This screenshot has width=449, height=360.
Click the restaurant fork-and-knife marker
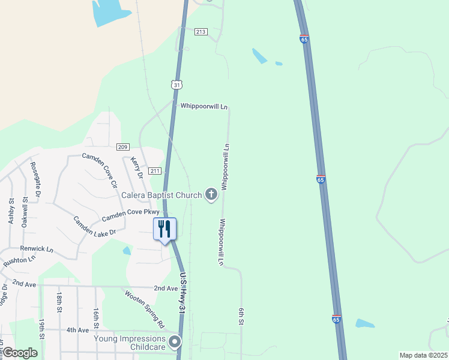click(164, 229)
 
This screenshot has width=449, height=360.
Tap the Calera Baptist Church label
click(161, 195)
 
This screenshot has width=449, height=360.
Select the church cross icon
click(211, 194)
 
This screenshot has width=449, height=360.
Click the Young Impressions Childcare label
click(130, 343)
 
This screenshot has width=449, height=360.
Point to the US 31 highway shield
click(176, 85)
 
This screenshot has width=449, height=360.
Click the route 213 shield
click(200, 32)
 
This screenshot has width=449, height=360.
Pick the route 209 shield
click(123, 147)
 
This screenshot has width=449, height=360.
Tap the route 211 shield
click(155, 171)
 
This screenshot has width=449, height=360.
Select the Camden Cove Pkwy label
click(131, 214)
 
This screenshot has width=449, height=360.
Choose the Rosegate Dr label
click(35, 180)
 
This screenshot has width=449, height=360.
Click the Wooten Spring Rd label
click(145, 308)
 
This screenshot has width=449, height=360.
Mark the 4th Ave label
click(77, 330)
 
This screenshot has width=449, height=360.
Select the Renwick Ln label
click(37, 249)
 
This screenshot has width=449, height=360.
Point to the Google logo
click(20, 353)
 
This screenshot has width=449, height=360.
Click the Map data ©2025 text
click(423, 355)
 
